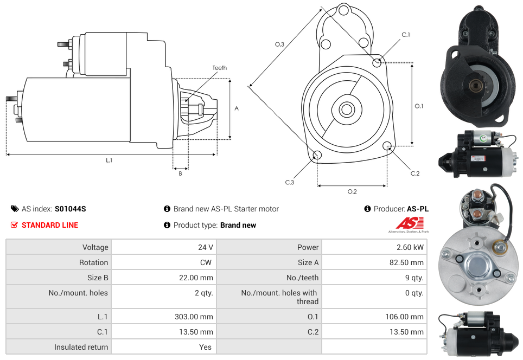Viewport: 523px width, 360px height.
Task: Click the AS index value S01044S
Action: point(70,209)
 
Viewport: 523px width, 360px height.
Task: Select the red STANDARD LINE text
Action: point(49,225)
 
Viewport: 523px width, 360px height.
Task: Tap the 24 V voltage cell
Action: point(205,247)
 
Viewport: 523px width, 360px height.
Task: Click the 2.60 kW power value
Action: point(410,247)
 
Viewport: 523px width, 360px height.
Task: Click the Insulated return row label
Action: point(81,347)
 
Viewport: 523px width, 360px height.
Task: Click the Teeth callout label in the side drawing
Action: point(219,68)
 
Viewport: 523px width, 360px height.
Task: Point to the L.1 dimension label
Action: point(109,160)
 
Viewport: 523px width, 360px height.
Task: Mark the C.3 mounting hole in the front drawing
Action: point(318,156)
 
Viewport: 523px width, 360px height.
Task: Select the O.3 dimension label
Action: point(279,44)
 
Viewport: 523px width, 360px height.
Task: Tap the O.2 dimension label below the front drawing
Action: point(352,191)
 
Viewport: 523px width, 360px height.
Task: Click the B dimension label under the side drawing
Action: point(180,173)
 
